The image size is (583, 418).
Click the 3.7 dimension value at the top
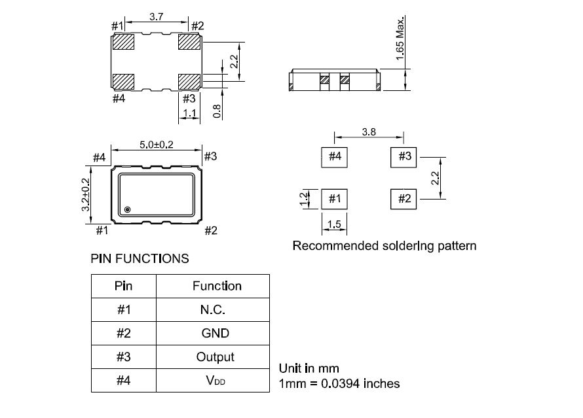click(x=156, y=17)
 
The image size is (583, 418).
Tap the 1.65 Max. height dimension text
click(x=400, y=38)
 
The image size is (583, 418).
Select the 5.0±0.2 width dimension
click(x=156, y=145)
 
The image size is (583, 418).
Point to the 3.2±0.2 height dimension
click(x=86, y=194)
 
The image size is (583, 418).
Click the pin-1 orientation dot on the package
click(x=127, y=209)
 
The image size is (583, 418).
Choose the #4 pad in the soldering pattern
click(x=334, y=157)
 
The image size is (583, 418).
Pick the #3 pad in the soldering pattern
click(x=404, y=157)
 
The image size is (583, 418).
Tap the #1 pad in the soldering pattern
click(x=334, y=199)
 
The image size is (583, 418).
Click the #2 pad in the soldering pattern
click(x=404, y=199)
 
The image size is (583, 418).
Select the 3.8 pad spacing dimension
click(x=369, y=131)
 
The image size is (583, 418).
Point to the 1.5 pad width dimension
click(x=334, y=224)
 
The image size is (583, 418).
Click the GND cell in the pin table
click(x=216, y=333)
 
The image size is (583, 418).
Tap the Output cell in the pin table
click(x=216, y=357)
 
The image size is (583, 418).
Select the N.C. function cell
click(x=213, y=309)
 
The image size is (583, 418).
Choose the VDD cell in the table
click(x=216, y=381)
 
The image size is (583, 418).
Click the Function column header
click(x=217, y=286)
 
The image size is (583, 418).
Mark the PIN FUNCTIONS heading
click(x=140, y=258)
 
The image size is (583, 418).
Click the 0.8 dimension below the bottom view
click(x=217, y=111)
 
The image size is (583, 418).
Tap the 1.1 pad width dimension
click(x=189, y=113)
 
